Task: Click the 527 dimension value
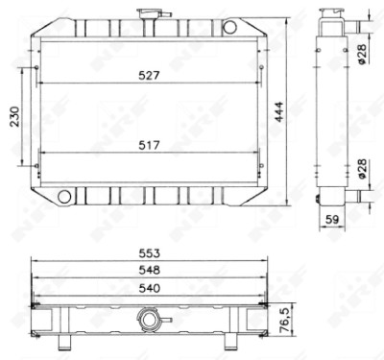tap(149, 76)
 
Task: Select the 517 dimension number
tap(149, 146)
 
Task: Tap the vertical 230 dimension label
tap(14, 116)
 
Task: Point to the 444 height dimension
tap(279, 111)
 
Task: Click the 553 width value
tap(149, 253)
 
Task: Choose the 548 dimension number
tap(149, 270)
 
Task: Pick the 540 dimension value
tap(149, 288)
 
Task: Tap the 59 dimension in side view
tap(332, 220)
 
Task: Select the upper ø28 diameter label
tap(362, 54)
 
